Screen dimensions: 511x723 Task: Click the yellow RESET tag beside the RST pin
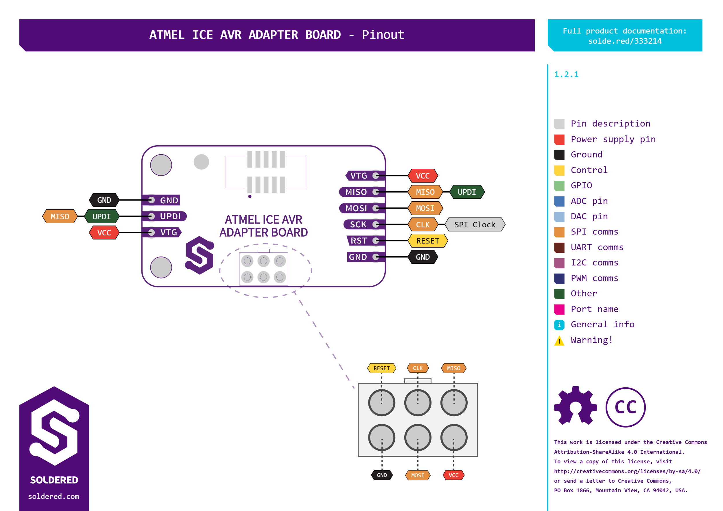click(x=427, y=241)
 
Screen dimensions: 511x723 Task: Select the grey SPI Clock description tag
click(x=475, y=225)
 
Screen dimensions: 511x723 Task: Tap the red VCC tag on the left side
click(x=104, y=233)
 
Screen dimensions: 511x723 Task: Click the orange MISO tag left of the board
click(x=60, y=216)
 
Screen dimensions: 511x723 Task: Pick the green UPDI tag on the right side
click(x=466, y=192)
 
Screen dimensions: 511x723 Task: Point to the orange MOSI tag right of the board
click(x=425, y=208)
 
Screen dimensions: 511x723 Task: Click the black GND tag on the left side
click(x=104, y=200)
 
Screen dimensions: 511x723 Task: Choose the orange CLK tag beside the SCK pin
click(x=423, y=225)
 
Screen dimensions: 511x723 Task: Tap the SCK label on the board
click(x=358, y=224)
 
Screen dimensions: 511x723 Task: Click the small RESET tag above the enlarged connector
click(x=381, y=368)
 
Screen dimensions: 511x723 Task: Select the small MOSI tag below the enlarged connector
click(x=417, y=475)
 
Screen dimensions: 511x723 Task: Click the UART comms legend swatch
click(x=559, y=248)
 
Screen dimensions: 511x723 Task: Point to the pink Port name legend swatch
click(x=559, y=309)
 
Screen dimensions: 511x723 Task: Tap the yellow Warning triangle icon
click(x=559, y=341)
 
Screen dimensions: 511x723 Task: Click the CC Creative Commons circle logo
click(x=625, y=407)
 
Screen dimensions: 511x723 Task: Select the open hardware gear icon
click(x=575, y=406)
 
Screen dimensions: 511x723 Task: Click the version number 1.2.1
click(x=566, y=75)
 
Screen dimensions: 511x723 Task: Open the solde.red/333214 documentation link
click(x=625, y=41)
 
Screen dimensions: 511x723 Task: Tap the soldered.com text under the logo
click(x=54, y=496)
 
